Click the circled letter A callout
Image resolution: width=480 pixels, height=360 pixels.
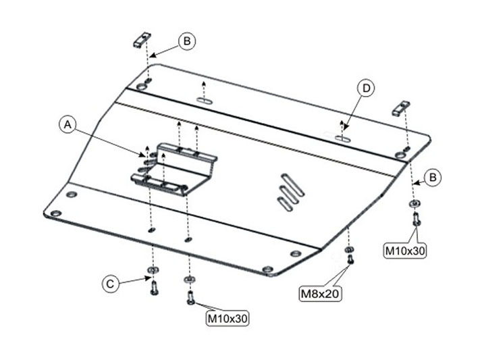[x=68, y=125]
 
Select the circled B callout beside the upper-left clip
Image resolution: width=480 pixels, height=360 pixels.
[x=187, y=41]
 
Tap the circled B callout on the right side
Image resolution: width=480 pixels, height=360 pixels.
[x=433, y=178]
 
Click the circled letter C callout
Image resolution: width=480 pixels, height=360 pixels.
[x=110, y=284]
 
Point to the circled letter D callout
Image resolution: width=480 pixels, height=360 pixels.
[x=366, y=88]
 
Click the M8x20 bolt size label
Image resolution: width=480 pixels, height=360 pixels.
[x=320, y=294]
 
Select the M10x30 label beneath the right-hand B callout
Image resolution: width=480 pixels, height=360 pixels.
[x=405, y=251]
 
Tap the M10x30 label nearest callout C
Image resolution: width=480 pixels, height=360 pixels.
[x=227, y=318]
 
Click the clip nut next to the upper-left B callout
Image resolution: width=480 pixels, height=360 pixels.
[x=142, y=40]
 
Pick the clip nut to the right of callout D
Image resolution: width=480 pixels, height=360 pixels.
[x=401, y=109]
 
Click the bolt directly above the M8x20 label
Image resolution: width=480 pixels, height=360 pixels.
[x=350, y=259]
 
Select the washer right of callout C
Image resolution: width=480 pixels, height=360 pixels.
[x=153, y=269]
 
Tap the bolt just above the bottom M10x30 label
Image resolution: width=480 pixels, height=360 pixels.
[x=190, y=298]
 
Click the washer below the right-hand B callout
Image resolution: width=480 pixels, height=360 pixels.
[x=415, y=203]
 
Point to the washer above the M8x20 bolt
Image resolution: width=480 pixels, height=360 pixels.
[x=348, y=249]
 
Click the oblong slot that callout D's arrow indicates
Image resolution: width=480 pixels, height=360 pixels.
[x=343, y=138]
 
